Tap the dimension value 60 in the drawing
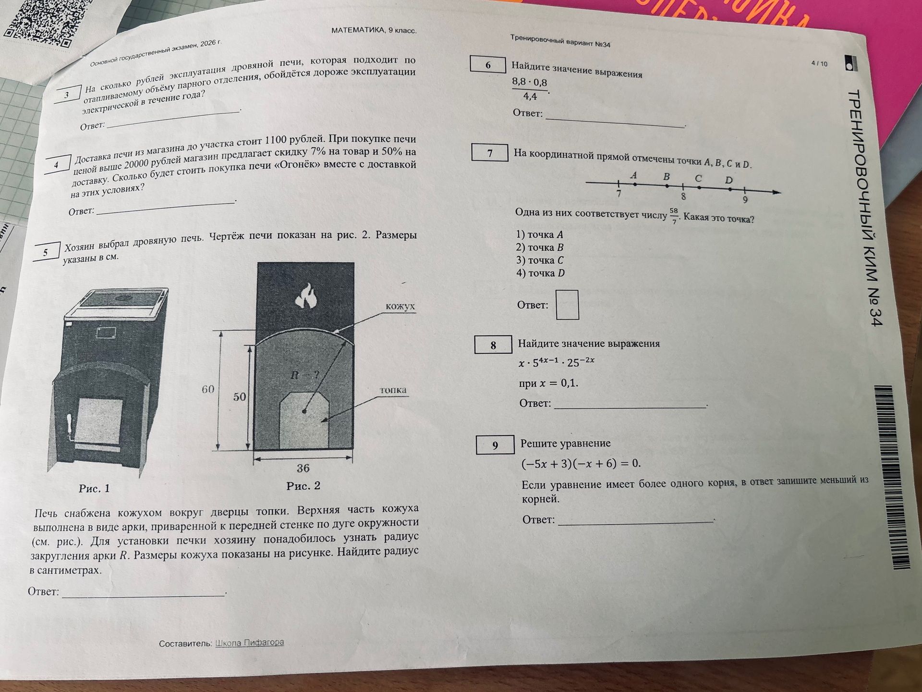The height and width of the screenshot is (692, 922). (x=208, y=389)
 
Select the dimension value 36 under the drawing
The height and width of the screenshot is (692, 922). (x=303, y=468)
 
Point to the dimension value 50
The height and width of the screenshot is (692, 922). (x=240, y=396)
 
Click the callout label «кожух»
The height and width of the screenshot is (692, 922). (x=400, y=306)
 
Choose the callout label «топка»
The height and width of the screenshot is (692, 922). (x=393, y=390)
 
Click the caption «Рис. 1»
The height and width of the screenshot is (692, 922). (x=95, y=489)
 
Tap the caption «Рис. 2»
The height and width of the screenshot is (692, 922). (x=303, y=486)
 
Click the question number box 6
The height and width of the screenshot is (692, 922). (x=487, y=65)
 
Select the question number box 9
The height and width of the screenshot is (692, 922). (x=495, y=445)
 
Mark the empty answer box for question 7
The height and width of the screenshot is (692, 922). (x=567, y=305)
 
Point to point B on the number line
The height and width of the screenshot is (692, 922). (x=667, y=185)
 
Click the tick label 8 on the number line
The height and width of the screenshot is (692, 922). (x=683, y=197)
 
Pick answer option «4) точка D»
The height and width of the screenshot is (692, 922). (x=540, y=273)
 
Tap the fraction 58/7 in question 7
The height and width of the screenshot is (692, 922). (x=674, y=216)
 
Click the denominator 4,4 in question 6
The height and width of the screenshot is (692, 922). (x=530, y=96)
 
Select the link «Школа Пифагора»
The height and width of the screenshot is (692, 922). (x=249, y=643)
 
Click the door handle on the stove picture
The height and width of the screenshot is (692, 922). (x=71, y=427)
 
